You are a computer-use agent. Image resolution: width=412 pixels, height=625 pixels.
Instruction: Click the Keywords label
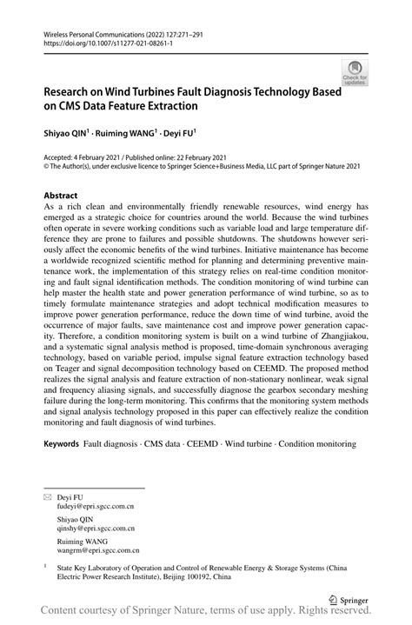click(x=63, y=443)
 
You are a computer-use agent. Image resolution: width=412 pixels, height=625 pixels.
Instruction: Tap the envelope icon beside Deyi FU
click(x=49, y=495)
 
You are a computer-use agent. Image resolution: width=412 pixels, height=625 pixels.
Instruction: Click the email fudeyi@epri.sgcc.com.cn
click(x=96, y=504)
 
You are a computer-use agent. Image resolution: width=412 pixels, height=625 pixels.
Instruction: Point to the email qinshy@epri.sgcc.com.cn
click(x=96, y=527)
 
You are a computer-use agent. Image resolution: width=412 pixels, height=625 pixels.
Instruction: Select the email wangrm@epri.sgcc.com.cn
click(x=97, y=550)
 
